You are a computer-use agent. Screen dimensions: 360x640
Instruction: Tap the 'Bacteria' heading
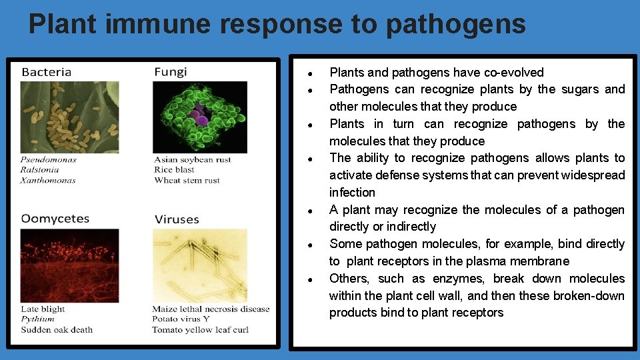coord(47,72)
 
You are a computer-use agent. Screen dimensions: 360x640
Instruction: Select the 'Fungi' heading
coord(171,72)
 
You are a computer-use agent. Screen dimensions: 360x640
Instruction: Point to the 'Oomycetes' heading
coord(55,219)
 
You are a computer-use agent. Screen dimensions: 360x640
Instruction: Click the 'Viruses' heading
coord(177,219)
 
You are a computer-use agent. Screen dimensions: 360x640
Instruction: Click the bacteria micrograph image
coord(69,117)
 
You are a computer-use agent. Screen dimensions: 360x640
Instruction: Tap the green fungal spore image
coord(199,117)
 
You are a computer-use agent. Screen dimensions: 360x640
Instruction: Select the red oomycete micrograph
coord(69,265)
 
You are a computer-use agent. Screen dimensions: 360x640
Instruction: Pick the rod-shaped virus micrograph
coord(199,265)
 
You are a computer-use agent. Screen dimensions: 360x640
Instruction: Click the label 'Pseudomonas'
coord(48,160)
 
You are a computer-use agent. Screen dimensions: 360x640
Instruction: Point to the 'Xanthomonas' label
coord(48,180)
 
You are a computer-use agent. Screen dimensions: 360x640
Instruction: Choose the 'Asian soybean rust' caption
coord(193,160)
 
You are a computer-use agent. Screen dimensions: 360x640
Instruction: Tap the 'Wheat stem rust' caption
coord(187,180)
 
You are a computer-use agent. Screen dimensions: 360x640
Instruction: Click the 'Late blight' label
coord(43,309)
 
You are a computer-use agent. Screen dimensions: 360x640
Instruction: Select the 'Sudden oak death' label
coord(57,329)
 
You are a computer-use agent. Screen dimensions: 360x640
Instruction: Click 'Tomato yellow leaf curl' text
coord(200,329)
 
